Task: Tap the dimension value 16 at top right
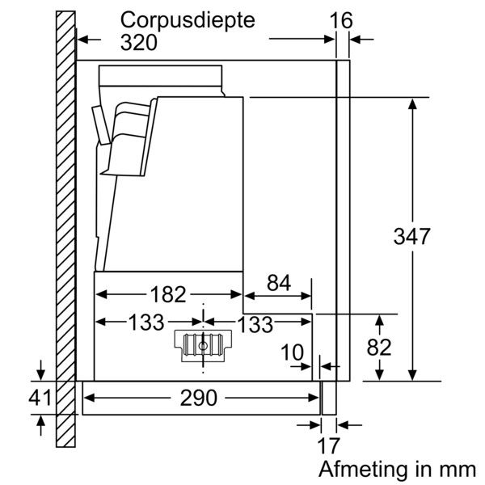tap(342, 19)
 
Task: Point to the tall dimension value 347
tap(412, 237)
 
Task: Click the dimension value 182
tap(169, 293)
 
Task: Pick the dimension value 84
tap(277, 283)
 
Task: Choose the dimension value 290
tap(198, 398)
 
